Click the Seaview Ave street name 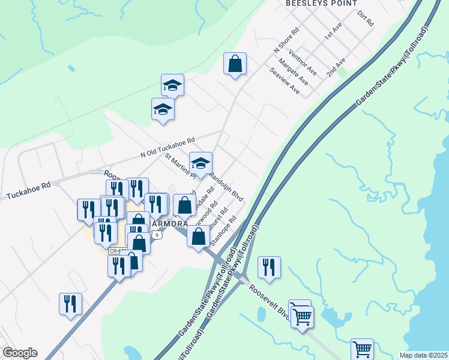click(x=285, y=80)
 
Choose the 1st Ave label click(x=333, y=32)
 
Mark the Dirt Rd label click(x=365, y=18)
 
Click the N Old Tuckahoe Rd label click(x=167, y=148)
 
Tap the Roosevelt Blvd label click(x=270, y=297)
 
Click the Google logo click(x=19, y=353)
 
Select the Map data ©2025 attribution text click(x=424, y=355)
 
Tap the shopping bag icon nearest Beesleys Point click(x=235, y=64)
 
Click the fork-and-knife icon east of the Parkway click(x=269, y=267)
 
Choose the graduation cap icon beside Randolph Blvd click(x=201, y=163)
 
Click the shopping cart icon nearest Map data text click(x=362, y=349)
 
